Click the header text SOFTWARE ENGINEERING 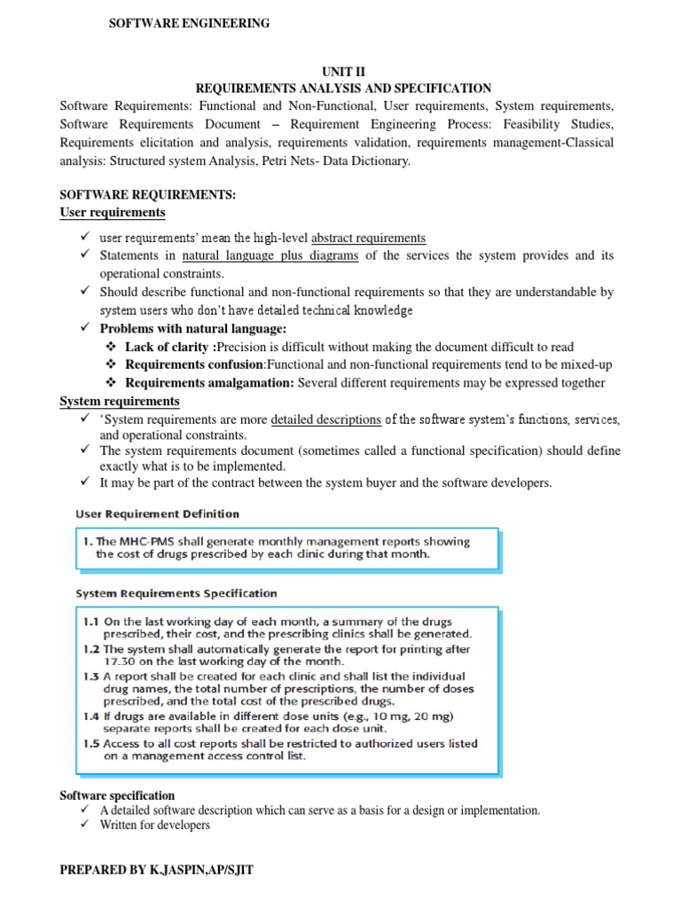click(189, 24)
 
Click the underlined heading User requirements click(112, 213)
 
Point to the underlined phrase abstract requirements click(368, 238)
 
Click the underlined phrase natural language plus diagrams click(270, 255)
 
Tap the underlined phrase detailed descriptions click(325, 419)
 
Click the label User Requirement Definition click(158, 513)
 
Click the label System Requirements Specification click(176, 593)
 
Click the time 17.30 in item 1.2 click(119, 661)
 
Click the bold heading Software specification click(117, 795)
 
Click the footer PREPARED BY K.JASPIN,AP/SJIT click(156, 871)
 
